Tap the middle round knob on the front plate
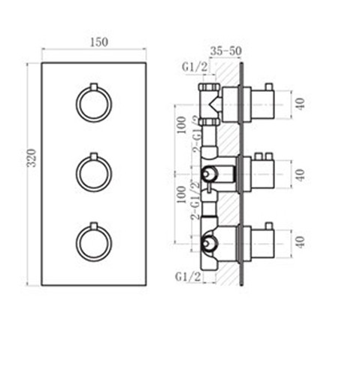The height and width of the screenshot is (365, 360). click(93, 173)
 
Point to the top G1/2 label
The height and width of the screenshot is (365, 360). click(194, 66)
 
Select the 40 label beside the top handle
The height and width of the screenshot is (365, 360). click(299, 102)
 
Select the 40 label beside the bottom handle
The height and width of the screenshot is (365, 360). click(299, 242)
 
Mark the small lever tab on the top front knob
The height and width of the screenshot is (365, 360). click(93, 85)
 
